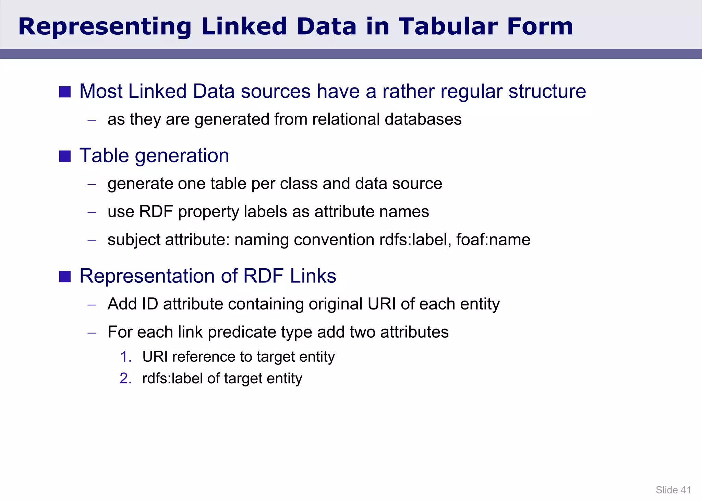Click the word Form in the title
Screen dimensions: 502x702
tap(540, 26)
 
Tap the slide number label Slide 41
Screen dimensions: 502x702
tap(673, 490)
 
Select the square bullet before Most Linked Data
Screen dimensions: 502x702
tap(65, 92)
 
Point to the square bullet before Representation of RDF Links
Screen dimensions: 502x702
tap(65, 276)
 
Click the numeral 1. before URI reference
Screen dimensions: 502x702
tap(126, 357)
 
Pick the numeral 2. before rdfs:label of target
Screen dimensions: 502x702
tap(126, 378)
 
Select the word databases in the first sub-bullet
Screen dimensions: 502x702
tap(423, 119)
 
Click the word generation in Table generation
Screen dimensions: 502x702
tap(182, 156)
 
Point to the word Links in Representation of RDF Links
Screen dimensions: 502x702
tap(313, 276)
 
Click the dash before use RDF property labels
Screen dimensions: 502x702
tap(92, 212)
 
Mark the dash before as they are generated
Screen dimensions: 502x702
tap(92, 120)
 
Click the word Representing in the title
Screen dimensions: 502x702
tap(105, 26)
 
